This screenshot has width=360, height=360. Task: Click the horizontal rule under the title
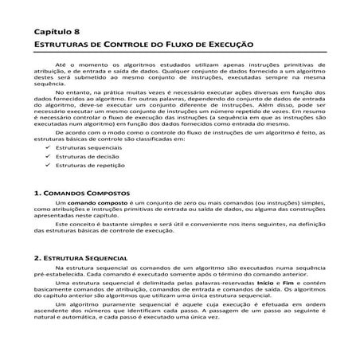click(x=180, y=53)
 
